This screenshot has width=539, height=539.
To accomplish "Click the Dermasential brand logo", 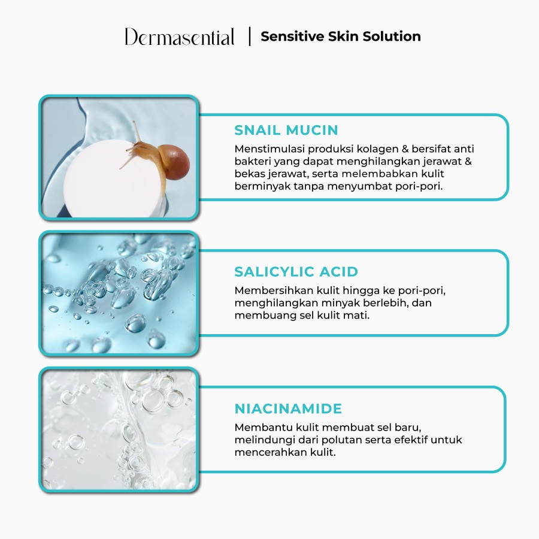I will pyautogui.click(x=180, y=37).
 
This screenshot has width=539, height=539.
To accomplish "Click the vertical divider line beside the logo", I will pyautogui.click(x=249, y=37).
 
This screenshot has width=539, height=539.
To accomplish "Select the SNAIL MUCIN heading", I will pyautogui.click(x=286, y=130).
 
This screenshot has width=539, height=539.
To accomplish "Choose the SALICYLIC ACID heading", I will pyautogui.click(x=296, y=271).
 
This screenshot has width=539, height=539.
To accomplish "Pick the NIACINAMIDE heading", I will pyautogui.click(x=288, y=409).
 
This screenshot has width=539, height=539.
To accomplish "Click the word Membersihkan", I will pyautogui.click(x=268, y=290).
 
